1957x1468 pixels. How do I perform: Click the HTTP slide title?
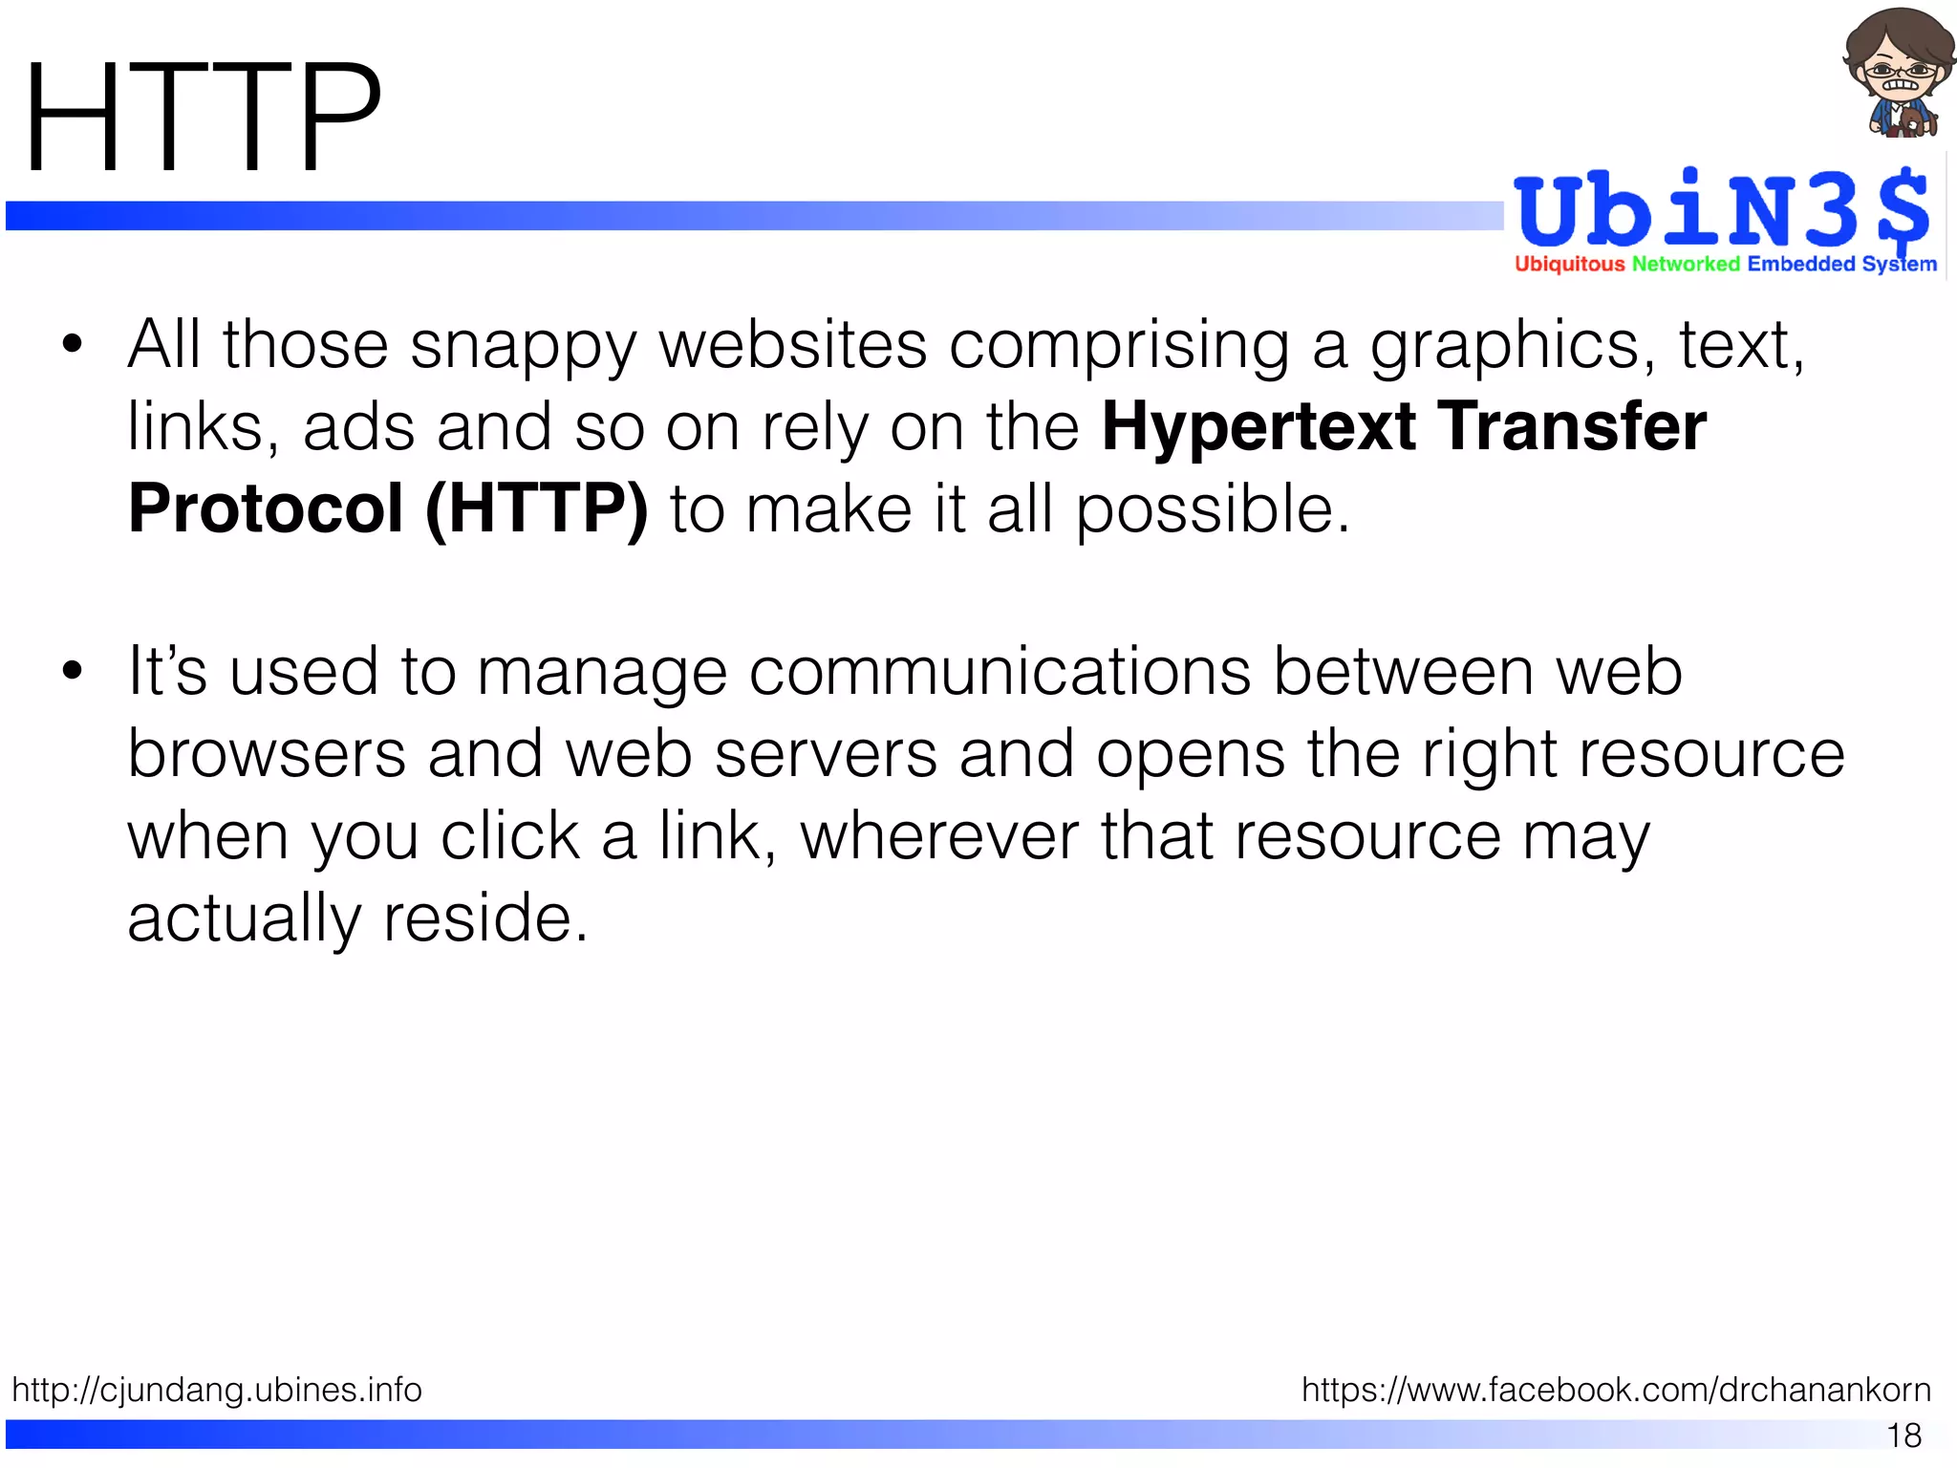pyautogui.click(x=203, y=119)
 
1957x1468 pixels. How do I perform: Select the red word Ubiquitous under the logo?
pyautogui.click(x=1569, y=265)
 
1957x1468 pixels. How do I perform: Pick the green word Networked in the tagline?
pyautogui.click(x=1686, y=265)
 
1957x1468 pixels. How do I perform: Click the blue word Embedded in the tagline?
pyautogui.click(x=1801, y=265)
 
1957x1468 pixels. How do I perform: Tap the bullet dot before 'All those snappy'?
pyautogui.click(x=73, y=345)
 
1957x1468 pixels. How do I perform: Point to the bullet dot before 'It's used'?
pyautogui.click(x=73, y=671)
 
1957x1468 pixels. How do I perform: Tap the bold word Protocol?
pyautogui.click(x=266, y=508)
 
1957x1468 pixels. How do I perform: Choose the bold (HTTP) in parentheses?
pyautogui.click(x=536, y=508)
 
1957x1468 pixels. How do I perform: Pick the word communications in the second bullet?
pyautogui.click(x=1000, y=672)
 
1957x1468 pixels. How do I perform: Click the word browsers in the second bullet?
pyautogui.click(x=267, y=754)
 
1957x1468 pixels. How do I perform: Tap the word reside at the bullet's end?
pyautogui.click(x=485, y=918)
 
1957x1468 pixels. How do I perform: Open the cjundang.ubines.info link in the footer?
pyautogui.click(x=217, y=1389)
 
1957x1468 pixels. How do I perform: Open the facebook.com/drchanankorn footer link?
pyautogui.click(x=1616, y=1389)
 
